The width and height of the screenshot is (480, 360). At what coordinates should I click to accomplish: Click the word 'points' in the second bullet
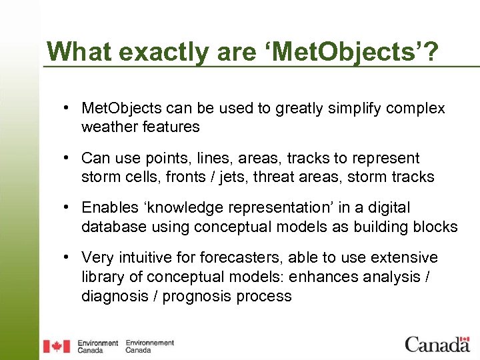coord(157,159)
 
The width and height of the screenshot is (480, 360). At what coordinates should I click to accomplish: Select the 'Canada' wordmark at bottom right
coord(437,345)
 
